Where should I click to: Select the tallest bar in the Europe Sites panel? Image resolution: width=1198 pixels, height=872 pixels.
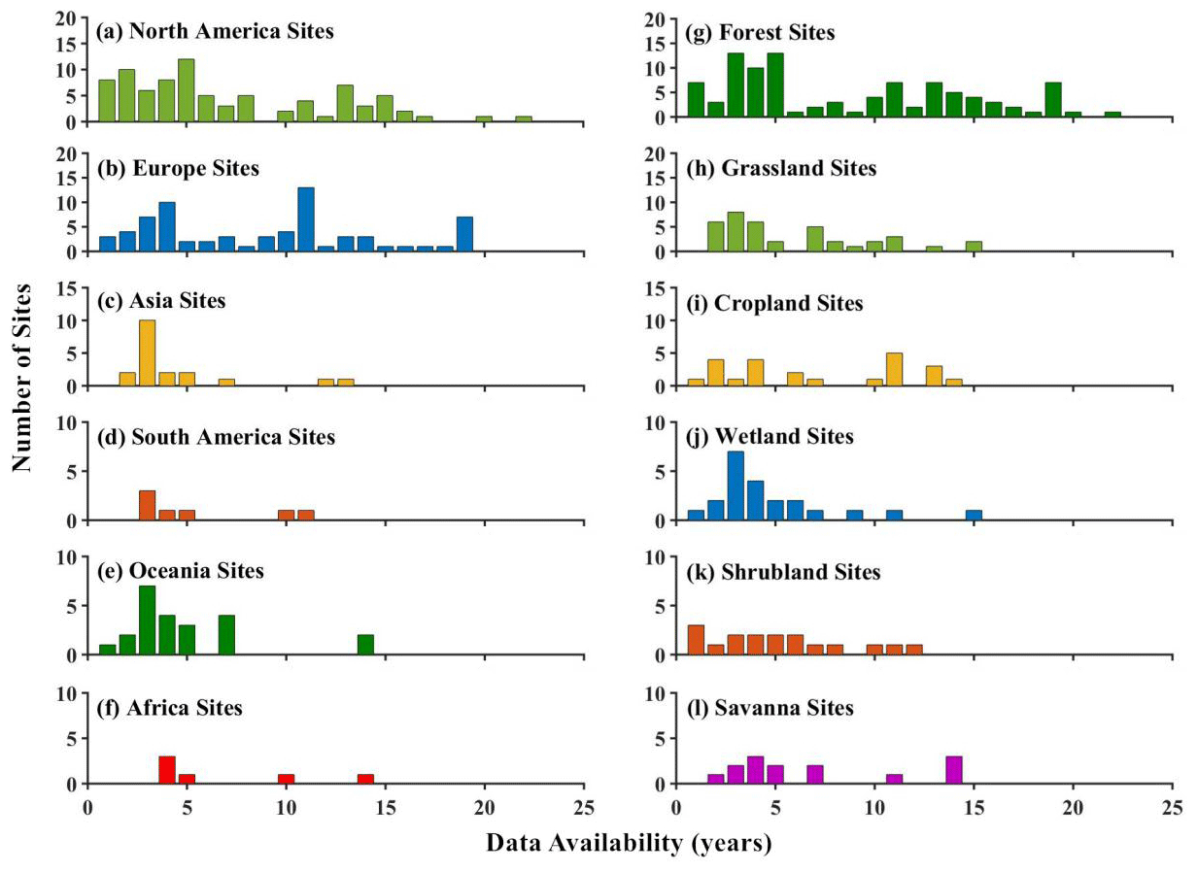point(306,219)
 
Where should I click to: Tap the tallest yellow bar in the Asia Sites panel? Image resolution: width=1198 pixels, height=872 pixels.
point(147,353)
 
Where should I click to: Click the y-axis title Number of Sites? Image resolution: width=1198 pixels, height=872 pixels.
point(22,378)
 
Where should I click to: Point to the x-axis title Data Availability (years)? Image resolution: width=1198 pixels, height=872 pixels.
point(630,844)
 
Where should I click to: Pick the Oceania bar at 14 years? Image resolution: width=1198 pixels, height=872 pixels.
point(365,645)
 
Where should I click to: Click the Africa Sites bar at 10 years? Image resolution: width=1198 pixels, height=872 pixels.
point(286,779)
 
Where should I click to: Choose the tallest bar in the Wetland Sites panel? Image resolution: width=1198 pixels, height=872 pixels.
point(736,486)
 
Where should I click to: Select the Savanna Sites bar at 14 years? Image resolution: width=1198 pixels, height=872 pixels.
point(953,770)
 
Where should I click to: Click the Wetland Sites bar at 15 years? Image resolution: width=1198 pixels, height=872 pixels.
point(974,516)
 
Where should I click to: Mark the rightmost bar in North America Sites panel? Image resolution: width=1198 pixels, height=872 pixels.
point(524,119)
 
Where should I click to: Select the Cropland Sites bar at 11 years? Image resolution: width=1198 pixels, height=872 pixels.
point(895,370)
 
